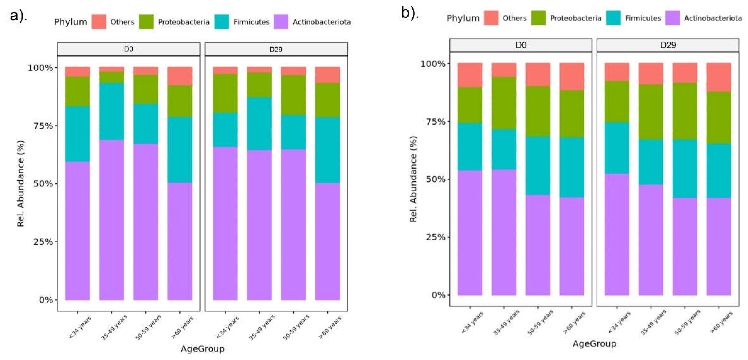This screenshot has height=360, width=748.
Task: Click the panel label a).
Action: [x=18, y=16]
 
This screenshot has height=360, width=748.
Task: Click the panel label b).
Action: [x=410, y=13]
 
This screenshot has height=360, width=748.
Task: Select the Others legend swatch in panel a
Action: [x=99, y=22]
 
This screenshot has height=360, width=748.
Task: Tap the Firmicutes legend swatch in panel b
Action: [x=613, y=18]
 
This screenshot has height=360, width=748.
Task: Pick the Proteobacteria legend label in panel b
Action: [x=576, y=18]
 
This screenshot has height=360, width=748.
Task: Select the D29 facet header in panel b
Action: [x=668, y=45]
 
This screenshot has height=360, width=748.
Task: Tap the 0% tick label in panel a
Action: [x=46, y=300]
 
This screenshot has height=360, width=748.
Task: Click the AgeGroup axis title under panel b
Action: [x=594, y=344]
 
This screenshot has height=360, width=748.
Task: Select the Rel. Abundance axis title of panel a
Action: [x=21, y=184]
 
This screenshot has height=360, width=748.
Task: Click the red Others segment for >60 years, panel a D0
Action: [x=180, y=76]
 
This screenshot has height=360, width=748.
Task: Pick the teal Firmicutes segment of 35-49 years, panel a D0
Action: [x=112, y=111]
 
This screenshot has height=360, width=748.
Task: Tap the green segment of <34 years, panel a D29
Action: [x=225, y=93]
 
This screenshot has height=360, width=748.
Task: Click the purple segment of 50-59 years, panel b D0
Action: [x=538, y=245]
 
